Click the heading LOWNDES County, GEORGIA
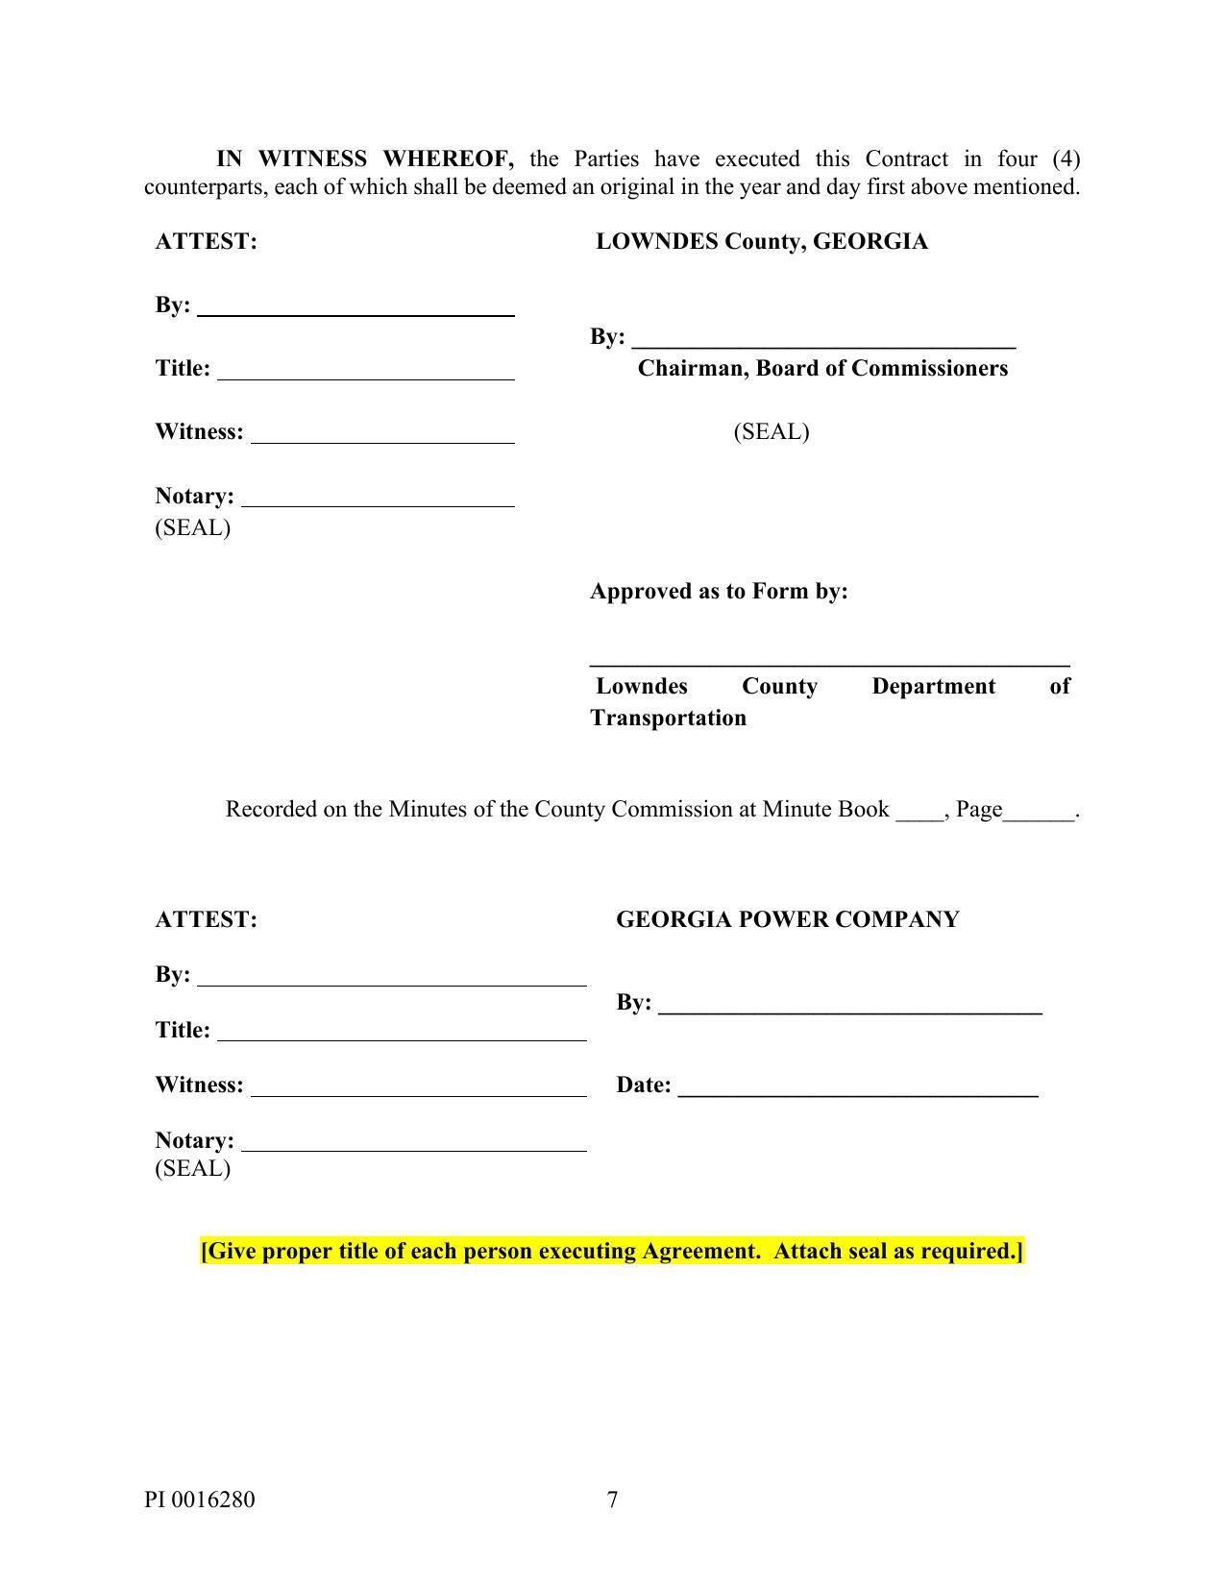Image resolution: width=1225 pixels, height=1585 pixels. pyautogui.click(x=761, y=241)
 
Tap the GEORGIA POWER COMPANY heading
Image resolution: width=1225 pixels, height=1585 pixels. pyautogui.click(x=787, y=919)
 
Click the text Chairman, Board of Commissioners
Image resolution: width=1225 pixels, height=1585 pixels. pyautogui.click(x=822, y=368)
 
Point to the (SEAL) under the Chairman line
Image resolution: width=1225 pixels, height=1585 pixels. pyautogui.click(x=771, y=431)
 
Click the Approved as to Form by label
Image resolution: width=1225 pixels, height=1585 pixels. pyautogui.click(x=719, y=591)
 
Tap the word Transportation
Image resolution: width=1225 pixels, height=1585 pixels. pyautogui.click(x=668, y=718)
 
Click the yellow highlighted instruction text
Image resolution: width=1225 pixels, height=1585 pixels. pyautogui.click(x=612, y=1251)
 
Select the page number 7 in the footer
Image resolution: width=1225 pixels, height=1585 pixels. pyautogui.click(x=612, y=1499)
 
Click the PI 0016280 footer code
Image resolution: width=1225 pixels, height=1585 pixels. pyautogui.click(x=200, y=1499)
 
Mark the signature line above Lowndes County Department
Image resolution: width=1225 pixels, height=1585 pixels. pyautogui.click(x=829, y=663)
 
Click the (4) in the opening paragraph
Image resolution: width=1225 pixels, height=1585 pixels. pyautogui.click(x=1066, y=158)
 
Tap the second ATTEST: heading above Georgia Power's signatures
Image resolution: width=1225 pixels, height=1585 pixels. pyautogui.click(x=207, y=919)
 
